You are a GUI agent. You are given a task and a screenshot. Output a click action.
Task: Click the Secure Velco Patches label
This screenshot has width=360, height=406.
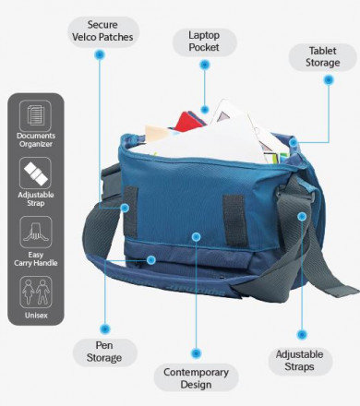tap(110, 30)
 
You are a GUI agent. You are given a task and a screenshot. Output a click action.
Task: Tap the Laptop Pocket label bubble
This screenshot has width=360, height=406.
tap(202, 40)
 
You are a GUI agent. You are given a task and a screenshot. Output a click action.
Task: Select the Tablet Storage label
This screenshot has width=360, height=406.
tap(322, 56)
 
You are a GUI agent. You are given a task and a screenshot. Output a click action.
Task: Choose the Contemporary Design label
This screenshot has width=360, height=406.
tap(196, 377)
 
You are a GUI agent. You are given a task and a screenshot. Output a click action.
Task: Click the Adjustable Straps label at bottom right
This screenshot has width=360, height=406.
tap(301, 360)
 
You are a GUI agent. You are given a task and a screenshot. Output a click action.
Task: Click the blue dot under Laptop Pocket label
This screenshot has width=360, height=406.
tap(203, 66)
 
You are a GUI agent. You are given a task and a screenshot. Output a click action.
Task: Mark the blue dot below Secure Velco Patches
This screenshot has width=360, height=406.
tap(100, 54)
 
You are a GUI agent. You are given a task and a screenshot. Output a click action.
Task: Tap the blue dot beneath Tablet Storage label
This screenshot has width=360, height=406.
tap(327, 79)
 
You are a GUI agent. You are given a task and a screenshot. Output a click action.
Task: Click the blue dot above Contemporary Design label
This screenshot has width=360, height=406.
tap(196, 352)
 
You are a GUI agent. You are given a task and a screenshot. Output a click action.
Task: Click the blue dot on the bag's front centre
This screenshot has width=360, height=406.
tap(196, 236)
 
